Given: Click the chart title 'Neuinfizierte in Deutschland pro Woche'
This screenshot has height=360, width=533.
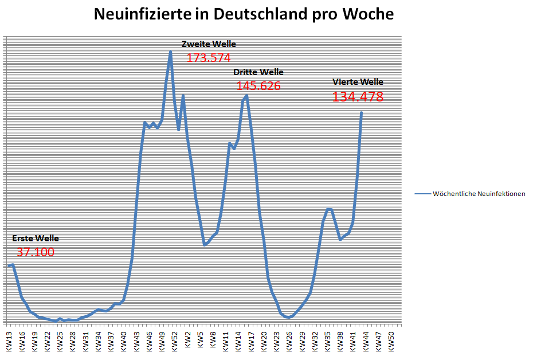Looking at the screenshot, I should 244,14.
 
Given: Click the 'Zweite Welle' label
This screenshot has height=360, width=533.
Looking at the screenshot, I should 209,44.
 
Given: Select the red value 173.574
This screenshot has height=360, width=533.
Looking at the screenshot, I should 209,57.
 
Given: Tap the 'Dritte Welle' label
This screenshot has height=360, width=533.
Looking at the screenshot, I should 258,72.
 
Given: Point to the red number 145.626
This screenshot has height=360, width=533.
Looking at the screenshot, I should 258,86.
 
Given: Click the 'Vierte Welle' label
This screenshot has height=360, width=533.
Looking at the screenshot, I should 358,82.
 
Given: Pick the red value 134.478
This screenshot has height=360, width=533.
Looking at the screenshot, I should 358,97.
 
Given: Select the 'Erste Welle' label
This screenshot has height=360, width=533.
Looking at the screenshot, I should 35,238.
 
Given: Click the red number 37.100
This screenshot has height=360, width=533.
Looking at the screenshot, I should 35,252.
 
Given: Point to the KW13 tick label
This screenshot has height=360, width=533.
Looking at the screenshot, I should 9,341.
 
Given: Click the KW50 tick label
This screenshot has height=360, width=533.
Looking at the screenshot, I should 391,341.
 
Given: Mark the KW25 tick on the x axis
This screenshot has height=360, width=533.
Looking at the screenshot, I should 60,341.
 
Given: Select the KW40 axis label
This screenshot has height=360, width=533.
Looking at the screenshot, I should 124,341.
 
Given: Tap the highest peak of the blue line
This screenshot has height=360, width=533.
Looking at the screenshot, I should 170,52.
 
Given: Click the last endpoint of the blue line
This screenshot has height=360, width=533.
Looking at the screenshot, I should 362,112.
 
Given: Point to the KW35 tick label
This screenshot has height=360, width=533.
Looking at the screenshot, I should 328,341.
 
